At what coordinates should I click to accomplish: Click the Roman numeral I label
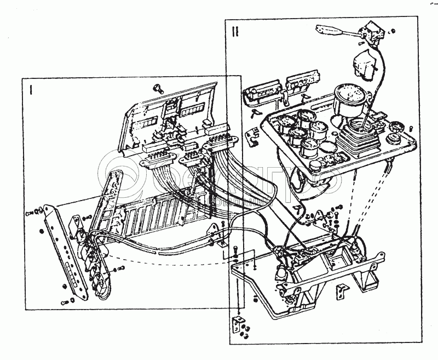pos(32,89)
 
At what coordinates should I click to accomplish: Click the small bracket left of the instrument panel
pos(252,136)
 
